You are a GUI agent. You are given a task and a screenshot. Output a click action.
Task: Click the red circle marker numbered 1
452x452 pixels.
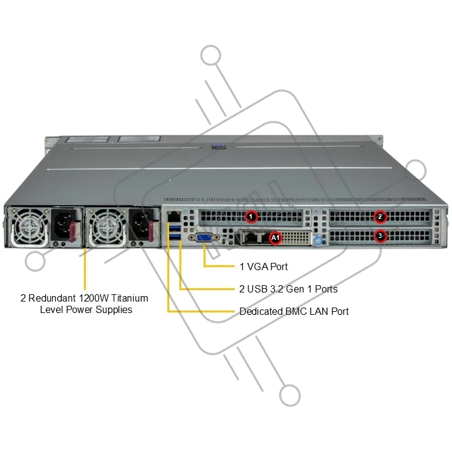click(x=251, y=216)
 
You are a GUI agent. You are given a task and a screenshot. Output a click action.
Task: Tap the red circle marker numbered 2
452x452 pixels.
click(x=380, y=216)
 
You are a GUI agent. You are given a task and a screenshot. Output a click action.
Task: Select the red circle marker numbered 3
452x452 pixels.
click(x=380, y=236)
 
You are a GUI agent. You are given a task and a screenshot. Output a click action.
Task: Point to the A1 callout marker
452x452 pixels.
click(x=276, y=237)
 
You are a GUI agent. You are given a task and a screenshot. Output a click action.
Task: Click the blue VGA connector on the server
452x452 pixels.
click(x=204, y=237)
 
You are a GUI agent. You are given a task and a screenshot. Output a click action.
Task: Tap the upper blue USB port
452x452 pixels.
click(x=175, y=228)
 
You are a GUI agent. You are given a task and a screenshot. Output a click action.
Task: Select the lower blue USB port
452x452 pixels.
click(x=175, y=237)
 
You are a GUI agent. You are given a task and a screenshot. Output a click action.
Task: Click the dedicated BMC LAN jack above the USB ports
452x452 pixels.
click(x=174, y=217)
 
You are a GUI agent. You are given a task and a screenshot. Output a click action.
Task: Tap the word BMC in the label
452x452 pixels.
click(x=296, y=311)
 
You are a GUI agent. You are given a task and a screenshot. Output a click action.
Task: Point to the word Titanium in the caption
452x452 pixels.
click(x=129, y=298)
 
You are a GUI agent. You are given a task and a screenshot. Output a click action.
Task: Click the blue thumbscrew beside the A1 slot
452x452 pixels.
click(x=317, y=240)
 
